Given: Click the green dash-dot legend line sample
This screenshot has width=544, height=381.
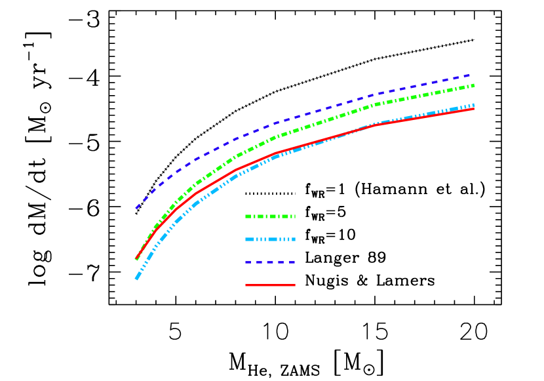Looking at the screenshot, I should click(x=270, y=216).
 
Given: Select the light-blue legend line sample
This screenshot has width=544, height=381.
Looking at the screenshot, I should click(x=270, y=239).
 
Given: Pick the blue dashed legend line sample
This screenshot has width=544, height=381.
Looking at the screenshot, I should click(x=270, y=262).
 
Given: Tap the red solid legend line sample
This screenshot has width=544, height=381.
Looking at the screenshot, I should click(x=270, y=285).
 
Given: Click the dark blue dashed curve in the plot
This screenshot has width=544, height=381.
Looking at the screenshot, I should click(x=275, y=123).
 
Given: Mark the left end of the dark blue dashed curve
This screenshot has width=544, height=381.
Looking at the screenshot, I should click(x=136, y=209).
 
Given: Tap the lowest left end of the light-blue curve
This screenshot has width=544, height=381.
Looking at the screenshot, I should click(x=136, y=279).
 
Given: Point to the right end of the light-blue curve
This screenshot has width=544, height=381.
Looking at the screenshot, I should click(x=473, y=105).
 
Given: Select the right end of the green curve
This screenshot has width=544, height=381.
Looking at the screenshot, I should click(x=473, y=85).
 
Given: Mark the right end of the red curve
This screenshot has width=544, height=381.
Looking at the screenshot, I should click(x=473, y=109).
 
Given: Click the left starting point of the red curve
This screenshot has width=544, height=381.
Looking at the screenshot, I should click(x=136, y=259).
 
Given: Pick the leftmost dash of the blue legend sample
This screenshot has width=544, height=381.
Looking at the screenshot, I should click(x=248, y=262).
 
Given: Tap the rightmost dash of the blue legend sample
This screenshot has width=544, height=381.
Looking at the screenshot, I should click(x=292, y=262).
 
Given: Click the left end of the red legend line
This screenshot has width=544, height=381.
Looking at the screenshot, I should click(x=246, y=285).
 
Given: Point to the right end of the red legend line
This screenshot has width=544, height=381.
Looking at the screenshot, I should click(x=294, y=285).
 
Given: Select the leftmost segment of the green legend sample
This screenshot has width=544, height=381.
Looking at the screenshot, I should click(x=248, y=216).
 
